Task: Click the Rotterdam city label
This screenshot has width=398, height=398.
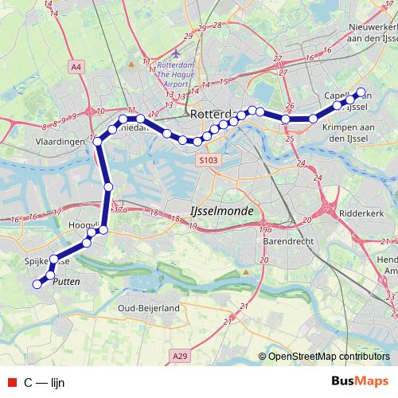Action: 210,114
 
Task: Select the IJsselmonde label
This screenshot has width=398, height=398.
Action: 222,211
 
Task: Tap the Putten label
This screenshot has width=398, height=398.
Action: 64,282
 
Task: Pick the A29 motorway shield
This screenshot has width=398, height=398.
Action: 181,358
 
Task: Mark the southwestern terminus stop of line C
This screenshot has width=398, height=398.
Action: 36,283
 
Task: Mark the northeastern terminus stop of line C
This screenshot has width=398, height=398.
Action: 361,92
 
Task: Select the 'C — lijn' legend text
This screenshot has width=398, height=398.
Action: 44,382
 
